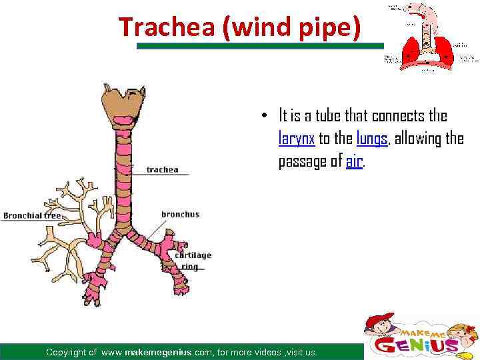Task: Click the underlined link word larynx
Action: click(296, 139)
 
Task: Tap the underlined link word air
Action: click(355, 161)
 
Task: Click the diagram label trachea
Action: click(162, 169)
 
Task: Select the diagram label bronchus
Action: click(180, 214)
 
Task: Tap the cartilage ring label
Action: click(193, 259)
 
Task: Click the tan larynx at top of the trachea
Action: click(123, 103)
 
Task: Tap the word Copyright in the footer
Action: click(71, 352)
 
